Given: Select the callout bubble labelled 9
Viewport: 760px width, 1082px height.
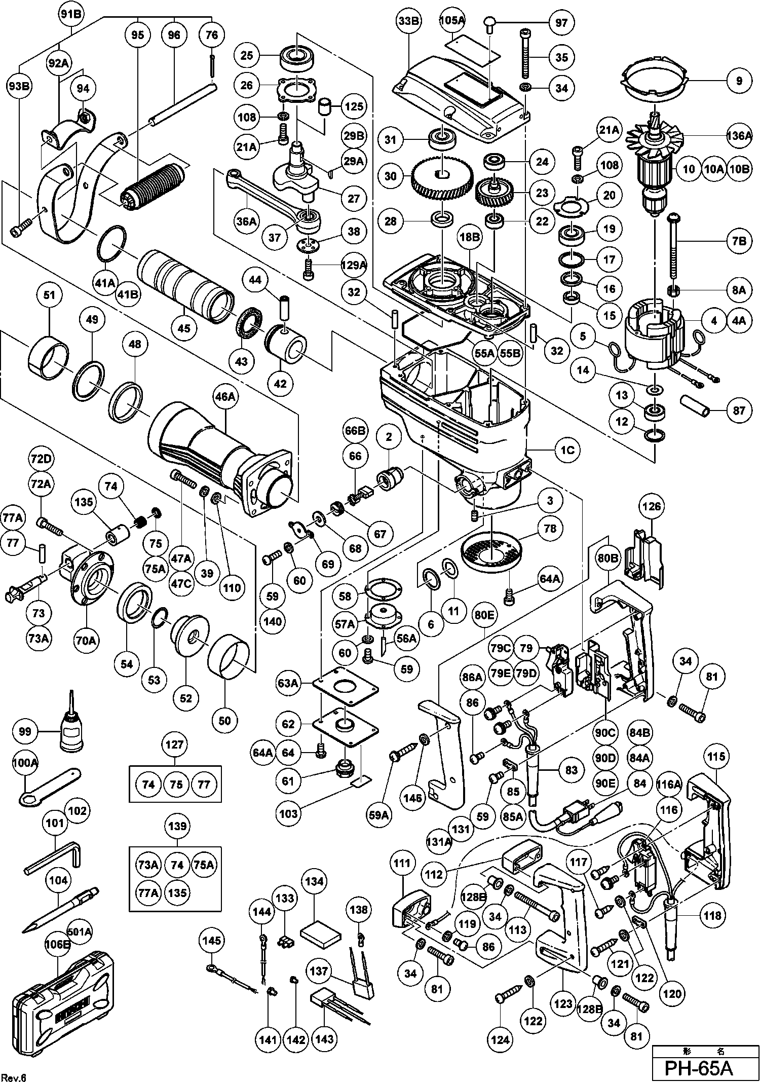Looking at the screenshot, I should [739, 81].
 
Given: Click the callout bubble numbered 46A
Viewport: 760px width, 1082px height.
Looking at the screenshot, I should [225, 396].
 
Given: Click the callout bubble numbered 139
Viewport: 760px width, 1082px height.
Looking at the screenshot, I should [177, 826].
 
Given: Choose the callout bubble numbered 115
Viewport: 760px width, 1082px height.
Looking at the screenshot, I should [716, 757].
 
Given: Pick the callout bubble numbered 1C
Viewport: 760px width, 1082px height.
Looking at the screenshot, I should [567, 450].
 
